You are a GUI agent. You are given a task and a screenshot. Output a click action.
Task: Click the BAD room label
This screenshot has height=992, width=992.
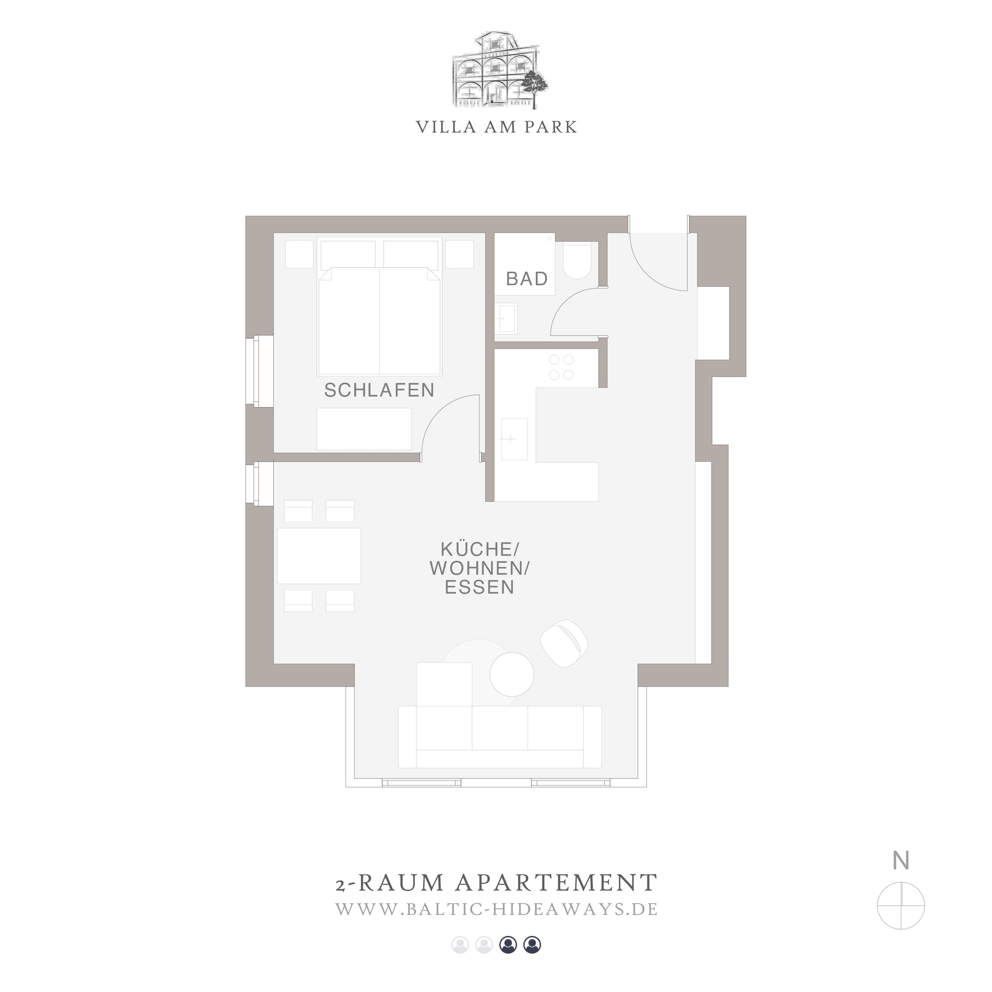(x=526, y=279)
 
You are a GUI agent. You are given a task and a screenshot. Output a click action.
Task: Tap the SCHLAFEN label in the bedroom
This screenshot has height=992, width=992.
(x=379, y=390)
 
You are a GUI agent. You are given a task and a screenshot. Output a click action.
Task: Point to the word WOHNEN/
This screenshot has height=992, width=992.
(x=479, y=568)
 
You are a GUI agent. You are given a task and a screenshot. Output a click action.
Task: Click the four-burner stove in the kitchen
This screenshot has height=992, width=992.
(x=561, y=367)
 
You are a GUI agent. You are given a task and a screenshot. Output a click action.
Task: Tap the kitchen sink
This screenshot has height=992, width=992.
(x=514, y=439)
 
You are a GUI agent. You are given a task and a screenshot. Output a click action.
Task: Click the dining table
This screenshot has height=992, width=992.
(x=319, y=555)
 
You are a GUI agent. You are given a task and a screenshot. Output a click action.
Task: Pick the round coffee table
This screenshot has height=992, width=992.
(x=512, y=675)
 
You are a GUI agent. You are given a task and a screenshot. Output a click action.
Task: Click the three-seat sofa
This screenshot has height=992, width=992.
(x=500, y=736)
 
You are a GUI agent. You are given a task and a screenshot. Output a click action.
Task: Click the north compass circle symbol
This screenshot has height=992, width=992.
(x=901, y=906)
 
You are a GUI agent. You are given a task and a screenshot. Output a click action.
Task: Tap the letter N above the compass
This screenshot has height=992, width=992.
(x=901, y=861)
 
